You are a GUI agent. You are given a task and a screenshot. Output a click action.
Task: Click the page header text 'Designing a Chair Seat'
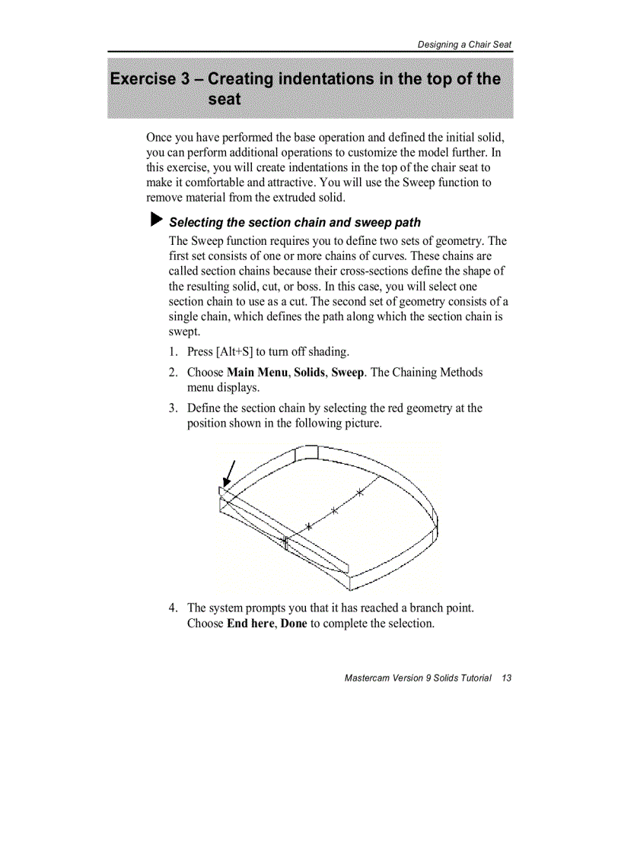[464, 45]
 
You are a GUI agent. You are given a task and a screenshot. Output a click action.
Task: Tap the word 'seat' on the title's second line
[224, 100]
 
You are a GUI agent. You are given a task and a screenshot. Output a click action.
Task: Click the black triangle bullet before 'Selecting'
[156, 221]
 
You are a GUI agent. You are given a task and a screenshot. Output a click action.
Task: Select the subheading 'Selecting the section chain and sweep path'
[295, 222]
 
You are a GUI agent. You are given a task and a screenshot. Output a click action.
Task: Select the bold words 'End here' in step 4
[250, 624]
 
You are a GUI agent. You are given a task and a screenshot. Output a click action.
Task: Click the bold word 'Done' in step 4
[294, 624]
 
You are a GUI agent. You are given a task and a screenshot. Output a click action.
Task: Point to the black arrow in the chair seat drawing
[228, 475]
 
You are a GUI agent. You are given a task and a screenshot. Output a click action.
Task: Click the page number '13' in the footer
[506, 678]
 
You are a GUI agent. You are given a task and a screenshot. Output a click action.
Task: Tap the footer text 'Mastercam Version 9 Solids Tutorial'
[418, 678]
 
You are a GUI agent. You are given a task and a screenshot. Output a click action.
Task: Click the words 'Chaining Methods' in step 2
[438, 372]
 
